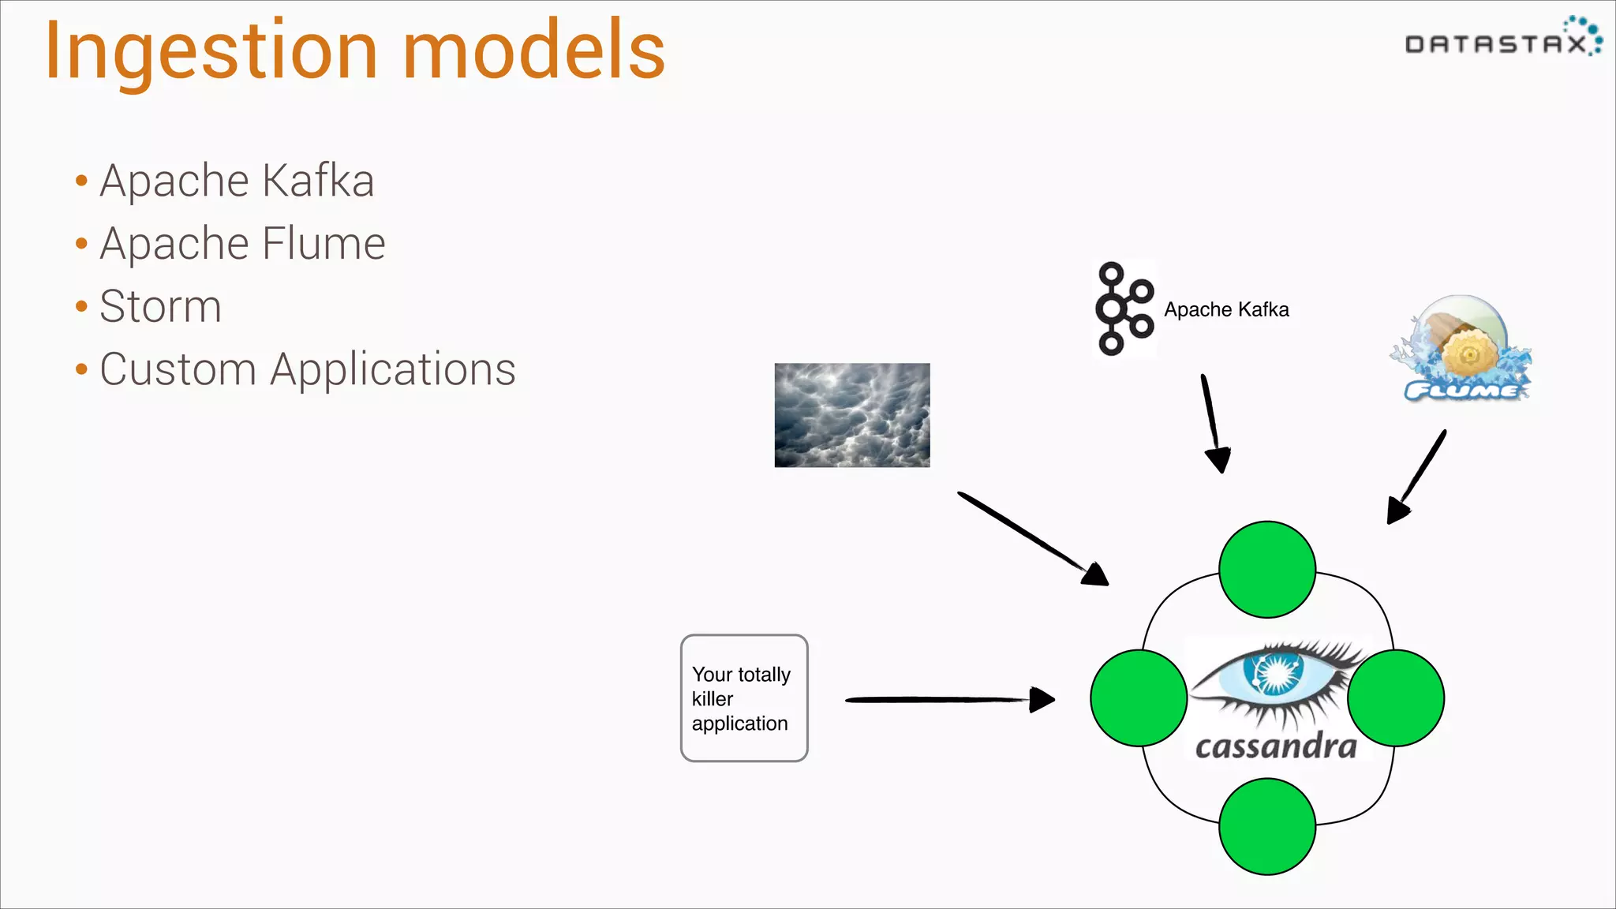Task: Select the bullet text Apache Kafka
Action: tap(237, 181)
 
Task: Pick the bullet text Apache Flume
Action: tap(242, 243)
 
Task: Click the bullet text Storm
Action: tap(160, 306)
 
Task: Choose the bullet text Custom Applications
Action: tap(307, 369)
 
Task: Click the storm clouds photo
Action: tap(851, 415)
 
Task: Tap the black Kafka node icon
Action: tap(1124, 309)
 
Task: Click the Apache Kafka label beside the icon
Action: tap(1226, 309)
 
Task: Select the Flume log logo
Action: tap(1462, 350)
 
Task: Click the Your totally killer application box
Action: tap(743, 698)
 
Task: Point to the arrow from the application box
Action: tap(947, 699)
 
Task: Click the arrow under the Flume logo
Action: tap(1418, 476)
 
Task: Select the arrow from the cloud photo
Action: tap(1030, 537)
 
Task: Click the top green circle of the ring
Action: tap(1266, 569)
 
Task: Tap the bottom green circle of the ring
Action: tap(1266, 826)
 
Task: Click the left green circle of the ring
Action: tap(1139, 698)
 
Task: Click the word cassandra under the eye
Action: tap(1276, 746)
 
